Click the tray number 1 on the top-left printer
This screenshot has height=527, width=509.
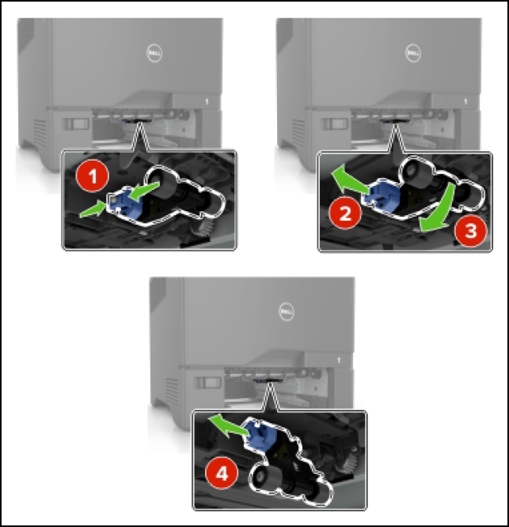click(x=207, y=102)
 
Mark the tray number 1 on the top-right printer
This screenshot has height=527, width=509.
click(x=465, y=102)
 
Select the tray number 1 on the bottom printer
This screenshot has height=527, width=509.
click(x=339, y=362)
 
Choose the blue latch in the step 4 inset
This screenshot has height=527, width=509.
click(x=262, y=434)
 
